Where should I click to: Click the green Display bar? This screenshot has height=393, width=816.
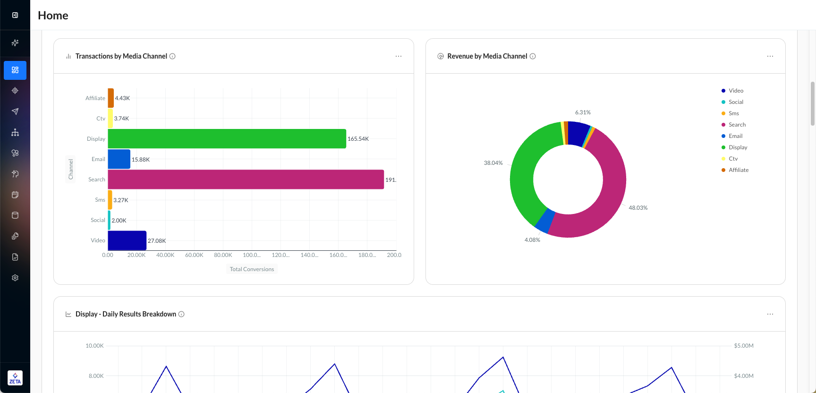point(227,139)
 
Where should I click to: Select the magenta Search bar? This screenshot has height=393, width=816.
point(246,179)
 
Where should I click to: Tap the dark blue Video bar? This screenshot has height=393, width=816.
point(127,240)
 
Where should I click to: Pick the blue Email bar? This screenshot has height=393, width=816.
point(119,159)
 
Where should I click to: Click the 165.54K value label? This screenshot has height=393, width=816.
point(358,139)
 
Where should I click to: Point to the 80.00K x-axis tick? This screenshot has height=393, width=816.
point(223,255)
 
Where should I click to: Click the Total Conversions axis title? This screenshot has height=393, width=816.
point(252,269)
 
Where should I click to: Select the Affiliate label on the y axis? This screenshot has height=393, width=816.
point(95,98)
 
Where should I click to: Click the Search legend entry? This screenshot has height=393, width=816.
point(737,125)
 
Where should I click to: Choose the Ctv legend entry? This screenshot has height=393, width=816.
point(733,159)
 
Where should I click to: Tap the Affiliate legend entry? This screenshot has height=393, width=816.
point(738,170)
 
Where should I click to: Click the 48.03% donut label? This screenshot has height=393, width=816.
point(638,208)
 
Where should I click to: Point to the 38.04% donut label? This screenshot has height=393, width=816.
point(493,163)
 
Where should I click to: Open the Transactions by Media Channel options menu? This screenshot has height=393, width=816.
point(399,56)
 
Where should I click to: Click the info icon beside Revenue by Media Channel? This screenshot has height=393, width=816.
point(533,56)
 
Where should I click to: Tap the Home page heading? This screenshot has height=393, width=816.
point(53,16)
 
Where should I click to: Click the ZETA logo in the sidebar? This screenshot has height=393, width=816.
point(15,378)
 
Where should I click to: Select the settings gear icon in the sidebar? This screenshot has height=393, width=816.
point(15,278)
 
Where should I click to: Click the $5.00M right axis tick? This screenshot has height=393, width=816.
point(744,346)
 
